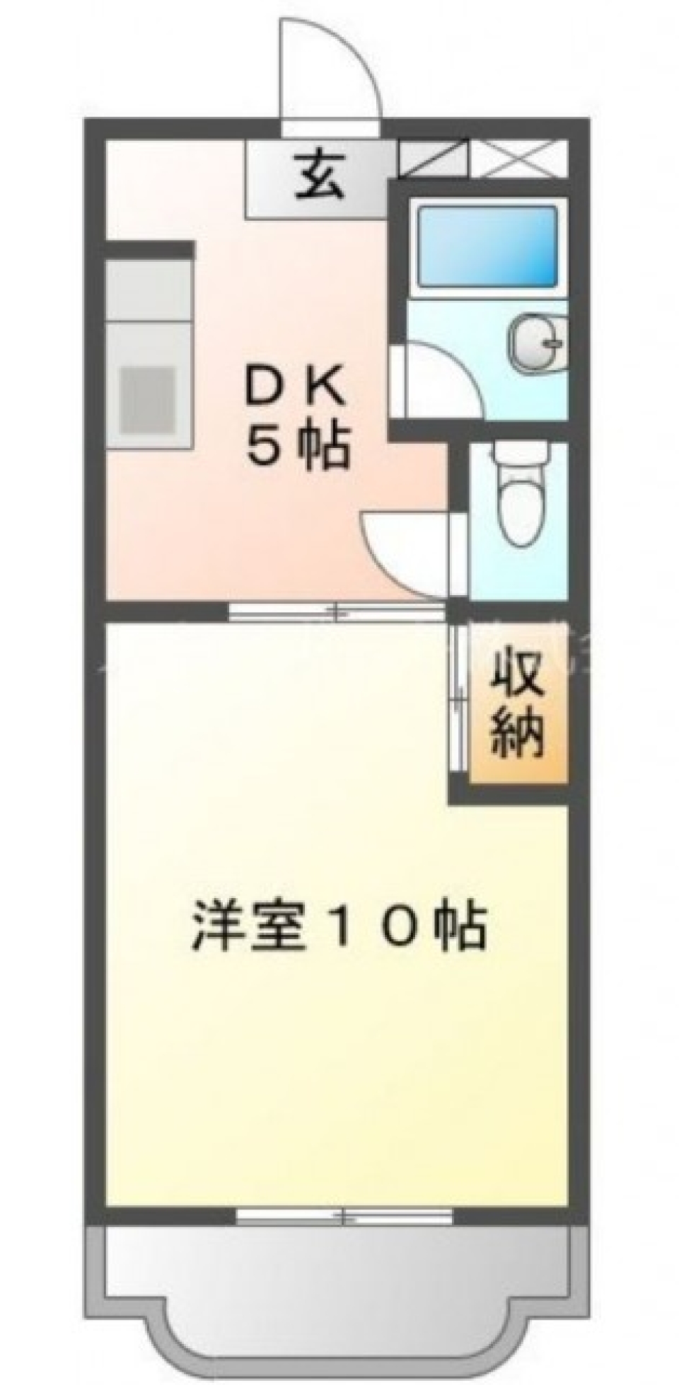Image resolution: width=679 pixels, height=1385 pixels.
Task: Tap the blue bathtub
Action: [487, 245]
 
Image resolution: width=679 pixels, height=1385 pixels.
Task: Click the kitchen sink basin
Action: [147, 399]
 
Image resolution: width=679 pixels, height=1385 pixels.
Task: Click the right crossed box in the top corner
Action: [520, 159]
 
